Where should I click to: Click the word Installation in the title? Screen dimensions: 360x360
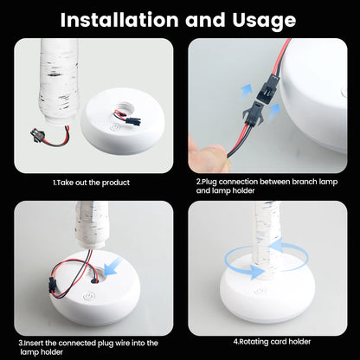119,20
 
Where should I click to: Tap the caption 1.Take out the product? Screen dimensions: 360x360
91,183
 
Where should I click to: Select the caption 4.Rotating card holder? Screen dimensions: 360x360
272,342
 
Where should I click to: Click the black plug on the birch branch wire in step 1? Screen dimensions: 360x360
36,134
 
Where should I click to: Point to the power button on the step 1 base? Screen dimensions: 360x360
115,127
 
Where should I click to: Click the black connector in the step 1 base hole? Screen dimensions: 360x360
133,119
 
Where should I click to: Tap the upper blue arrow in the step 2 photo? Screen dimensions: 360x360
247,91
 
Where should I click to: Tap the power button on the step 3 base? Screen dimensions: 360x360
87,297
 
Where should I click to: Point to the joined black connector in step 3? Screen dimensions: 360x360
51,284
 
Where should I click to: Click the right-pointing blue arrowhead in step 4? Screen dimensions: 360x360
257,272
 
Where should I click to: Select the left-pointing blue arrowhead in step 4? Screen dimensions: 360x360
276,247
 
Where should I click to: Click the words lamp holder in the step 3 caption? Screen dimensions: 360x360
42,352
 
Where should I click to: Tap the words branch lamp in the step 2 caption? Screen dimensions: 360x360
315,182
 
